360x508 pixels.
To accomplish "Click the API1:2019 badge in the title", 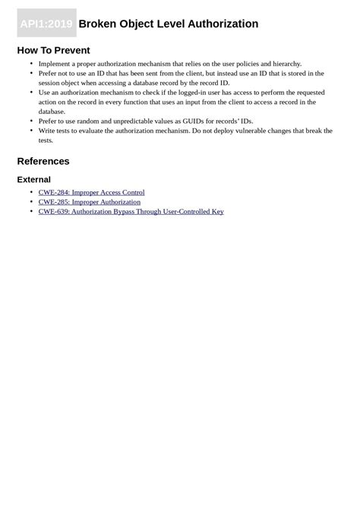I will [x=46, y=24].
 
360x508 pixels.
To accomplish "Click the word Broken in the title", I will [x=96, y=24].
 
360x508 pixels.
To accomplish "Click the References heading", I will [x=43, y=161].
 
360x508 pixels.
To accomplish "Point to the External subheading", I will [x=34, y=180].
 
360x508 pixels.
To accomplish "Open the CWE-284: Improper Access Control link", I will [x=91, y=193].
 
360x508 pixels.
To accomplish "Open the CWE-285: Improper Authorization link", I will [x=90, y=202].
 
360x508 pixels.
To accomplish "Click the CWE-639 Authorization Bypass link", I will [x=131, y=212].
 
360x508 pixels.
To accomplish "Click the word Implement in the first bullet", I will [x=53, y=65].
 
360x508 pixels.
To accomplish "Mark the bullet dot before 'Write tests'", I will [x=31, y=131].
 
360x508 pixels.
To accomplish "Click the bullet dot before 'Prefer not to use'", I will [x=31, y=74].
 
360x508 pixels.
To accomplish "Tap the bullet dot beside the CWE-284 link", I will [x=31, y=193].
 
